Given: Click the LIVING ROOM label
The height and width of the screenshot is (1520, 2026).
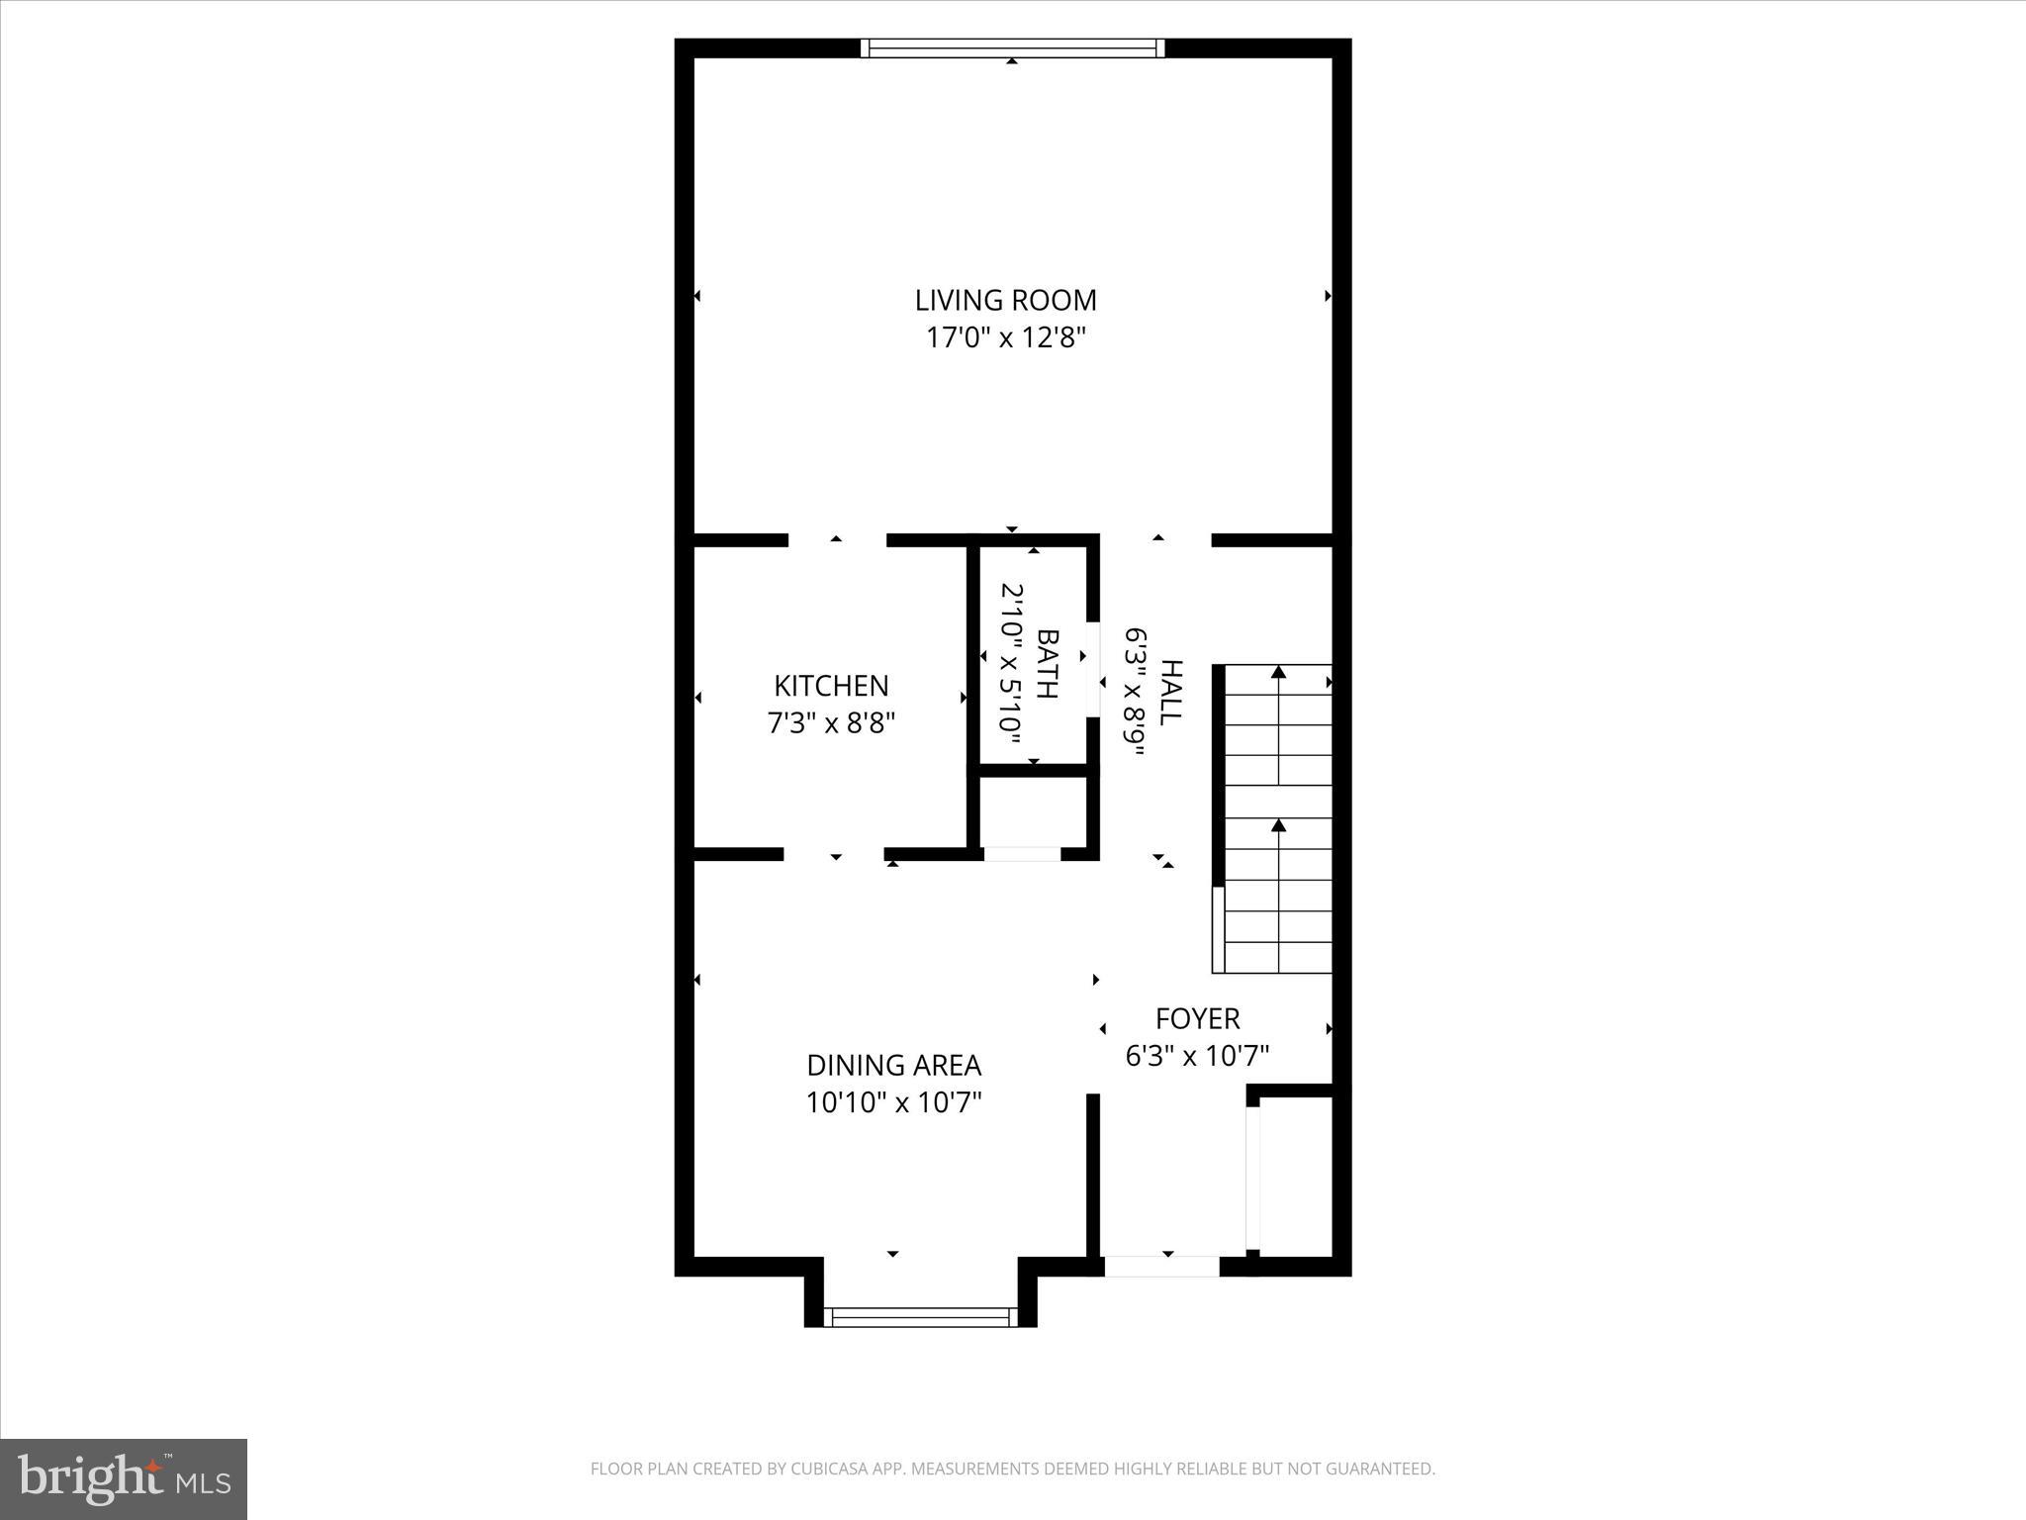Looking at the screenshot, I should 1005,300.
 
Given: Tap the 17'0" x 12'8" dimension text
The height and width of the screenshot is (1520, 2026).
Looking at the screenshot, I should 1005,338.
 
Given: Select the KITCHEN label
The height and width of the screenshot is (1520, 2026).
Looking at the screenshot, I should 831,686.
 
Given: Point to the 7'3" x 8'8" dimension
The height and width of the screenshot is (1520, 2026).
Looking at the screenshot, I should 831,723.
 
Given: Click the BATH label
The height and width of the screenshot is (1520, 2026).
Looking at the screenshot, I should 1047,663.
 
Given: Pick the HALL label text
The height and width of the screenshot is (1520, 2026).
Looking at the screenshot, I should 1171,693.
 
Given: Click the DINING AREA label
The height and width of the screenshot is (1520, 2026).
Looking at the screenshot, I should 893,1065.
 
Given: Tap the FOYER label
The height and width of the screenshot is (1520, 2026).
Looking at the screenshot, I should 1197,1018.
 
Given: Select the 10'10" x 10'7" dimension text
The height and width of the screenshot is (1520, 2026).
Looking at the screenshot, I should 893,1102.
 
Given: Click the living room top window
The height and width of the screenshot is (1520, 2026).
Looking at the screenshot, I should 1012,48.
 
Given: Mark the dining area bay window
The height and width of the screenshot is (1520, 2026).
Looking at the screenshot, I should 920,1316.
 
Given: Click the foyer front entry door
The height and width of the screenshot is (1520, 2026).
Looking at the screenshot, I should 1161,1266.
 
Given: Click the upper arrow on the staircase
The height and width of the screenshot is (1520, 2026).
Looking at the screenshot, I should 1278,674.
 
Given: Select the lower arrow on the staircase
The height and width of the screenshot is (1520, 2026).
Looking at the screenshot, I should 1278,826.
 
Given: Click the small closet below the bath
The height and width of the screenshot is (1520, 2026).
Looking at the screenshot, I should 1034,811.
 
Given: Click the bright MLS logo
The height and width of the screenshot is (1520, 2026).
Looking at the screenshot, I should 124,1478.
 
